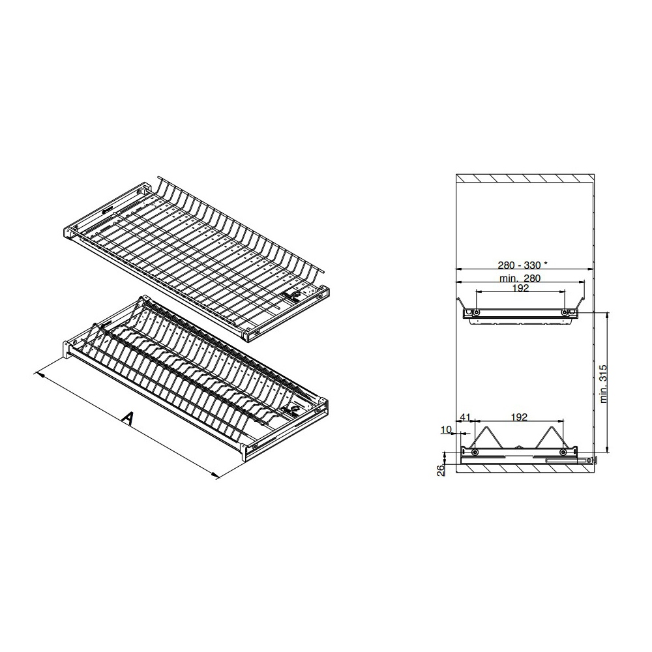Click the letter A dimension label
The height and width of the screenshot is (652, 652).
coord(128,419)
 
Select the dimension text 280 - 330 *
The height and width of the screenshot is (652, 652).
coord(523,265)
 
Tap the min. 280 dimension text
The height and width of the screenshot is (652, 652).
coord(520,278)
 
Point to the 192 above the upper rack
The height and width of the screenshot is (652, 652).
coord(520,288)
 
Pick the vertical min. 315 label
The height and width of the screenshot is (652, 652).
coord(604,383)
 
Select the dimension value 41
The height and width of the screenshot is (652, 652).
coord(465,417)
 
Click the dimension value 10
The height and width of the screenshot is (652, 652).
coord(446,429)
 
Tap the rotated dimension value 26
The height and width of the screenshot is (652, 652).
coord(441,470)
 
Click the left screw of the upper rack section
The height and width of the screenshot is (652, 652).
coord(477,312)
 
